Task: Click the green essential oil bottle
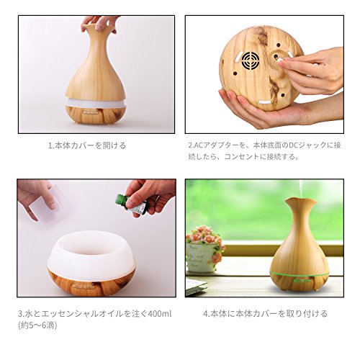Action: tap(131, 204)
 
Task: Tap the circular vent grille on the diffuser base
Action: tap(251, 60)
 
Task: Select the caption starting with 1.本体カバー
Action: tap(87, 145)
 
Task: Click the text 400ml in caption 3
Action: tap(160, 313)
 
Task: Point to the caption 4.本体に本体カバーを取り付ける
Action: tap(265, 313)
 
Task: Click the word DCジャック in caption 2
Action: tap(308, 145)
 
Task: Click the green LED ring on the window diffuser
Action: tap(300, 274)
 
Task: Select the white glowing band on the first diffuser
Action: tap(96, 102)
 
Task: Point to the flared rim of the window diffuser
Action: tap(301, 202)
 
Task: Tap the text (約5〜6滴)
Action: tap(37, 325)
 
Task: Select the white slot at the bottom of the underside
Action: tap(264, 103)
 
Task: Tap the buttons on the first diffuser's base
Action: tap(91, 112)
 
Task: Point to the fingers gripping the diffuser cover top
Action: tap(99, 24)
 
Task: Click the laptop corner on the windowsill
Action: tap(196, 286)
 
